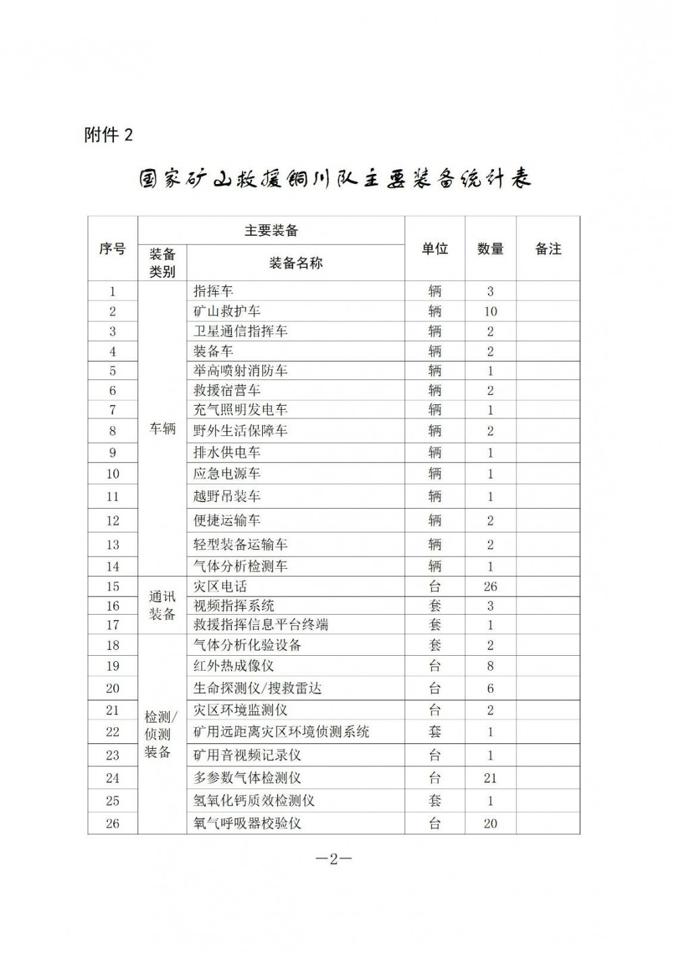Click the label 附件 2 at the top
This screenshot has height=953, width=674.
(109, 135)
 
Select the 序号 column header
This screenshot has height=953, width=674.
(113, 249)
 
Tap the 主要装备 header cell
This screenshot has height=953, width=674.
(271, 230)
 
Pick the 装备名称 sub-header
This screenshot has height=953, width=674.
(295, 264)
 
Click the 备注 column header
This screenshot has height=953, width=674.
(548, 249)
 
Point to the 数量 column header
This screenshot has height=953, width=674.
(490, 249)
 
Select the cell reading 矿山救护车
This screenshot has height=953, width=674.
(226, 311)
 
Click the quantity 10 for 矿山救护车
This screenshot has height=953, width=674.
(490, 311)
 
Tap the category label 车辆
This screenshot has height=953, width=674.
(162, 429)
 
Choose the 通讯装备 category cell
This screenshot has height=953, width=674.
(162, 605)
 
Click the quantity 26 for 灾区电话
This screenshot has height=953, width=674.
(490, 586)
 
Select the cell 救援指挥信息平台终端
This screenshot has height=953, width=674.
(261, 625)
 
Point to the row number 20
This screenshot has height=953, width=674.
(113, 688)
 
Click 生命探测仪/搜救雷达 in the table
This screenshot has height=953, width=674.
(257, 688)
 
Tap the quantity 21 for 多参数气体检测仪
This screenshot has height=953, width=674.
(490, 778)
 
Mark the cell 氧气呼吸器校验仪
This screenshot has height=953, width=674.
(247, 823)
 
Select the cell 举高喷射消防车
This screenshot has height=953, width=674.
(240, 371)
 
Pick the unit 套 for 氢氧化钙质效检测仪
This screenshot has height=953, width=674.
(435, 801)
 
